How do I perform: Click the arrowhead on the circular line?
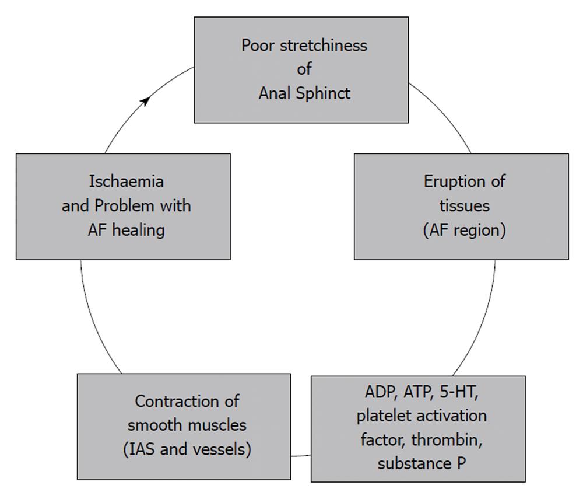[x=146, y=100]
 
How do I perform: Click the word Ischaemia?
[x=127, y=182]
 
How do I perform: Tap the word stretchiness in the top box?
[x=324, y=46]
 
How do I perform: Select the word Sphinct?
[x=323, y=93]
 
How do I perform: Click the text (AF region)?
[x=465, y=230]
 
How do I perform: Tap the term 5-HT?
[x=459, y=392]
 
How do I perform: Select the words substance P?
[x=422, y=463]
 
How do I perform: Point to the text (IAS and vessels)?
[x=187, y=449]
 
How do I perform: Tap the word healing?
[x=139, y=230]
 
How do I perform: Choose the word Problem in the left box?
[x=124, y=206]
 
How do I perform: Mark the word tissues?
[x=465, y=206]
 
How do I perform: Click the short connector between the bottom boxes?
[x=301, y=455]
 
